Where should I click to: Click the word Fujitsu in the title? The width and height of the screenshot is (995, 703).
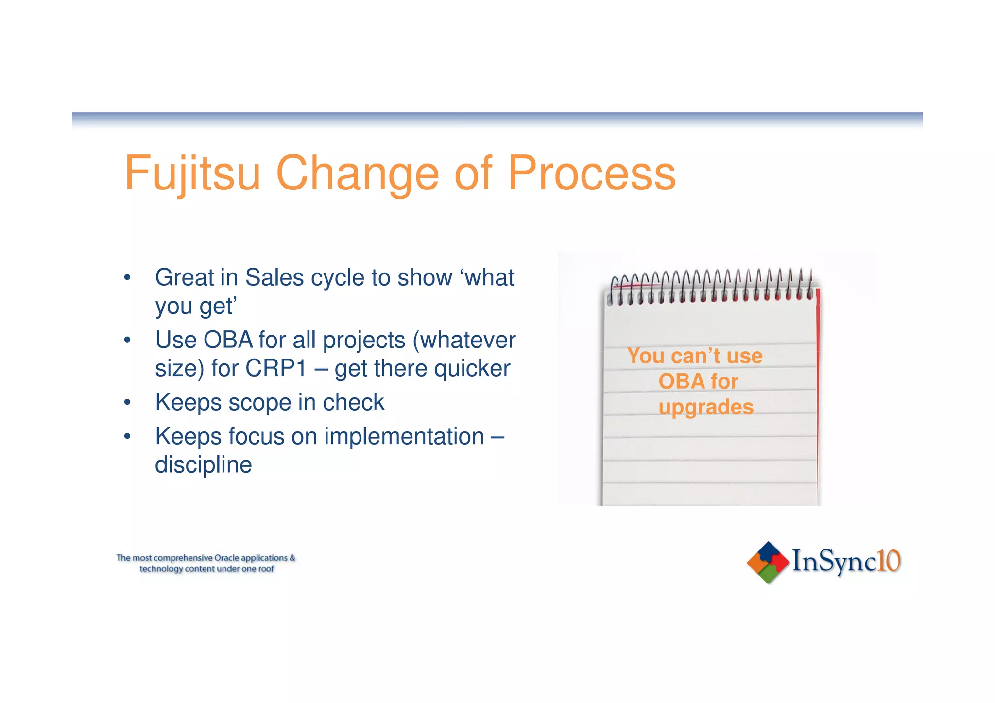click(192, 173)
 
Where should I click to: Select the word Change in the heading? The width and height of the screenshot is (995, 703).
click(357, 173)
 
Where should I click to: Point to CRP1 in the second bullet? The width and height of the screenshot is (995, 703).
click(276, 368)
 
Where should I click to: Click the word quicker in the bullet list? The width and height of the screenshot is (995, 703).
click(472, 368)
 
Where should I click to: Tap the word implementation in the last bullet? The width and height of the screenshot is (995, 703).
click(404, 436)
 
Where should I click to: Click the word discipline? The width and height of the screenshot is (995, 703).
click(203, 465)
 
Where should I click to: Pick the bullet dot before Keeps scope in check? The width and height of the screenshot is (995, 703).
click(127, 403)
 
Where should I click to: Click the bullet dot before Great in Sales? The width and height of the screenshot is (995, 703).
click(127, 278)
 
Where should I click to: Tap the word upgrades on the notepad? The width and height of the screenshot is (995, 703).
click(706, 407)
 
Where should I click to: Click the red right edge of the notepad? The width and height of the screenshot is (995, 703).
click(818, 389)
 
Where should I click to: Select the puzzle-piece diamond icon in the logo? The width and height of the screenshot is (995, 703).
click(768, 563)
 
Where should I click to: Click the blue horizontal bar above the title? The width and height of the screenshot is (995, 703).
click(497, 118)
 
